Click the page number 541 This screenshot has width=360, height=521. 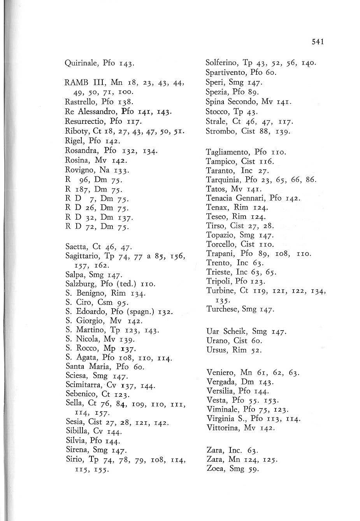(318, 42)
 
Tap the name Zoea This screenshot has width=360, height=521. (215, 468)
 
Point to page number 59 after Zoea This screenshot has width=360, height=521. (251, 469)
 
